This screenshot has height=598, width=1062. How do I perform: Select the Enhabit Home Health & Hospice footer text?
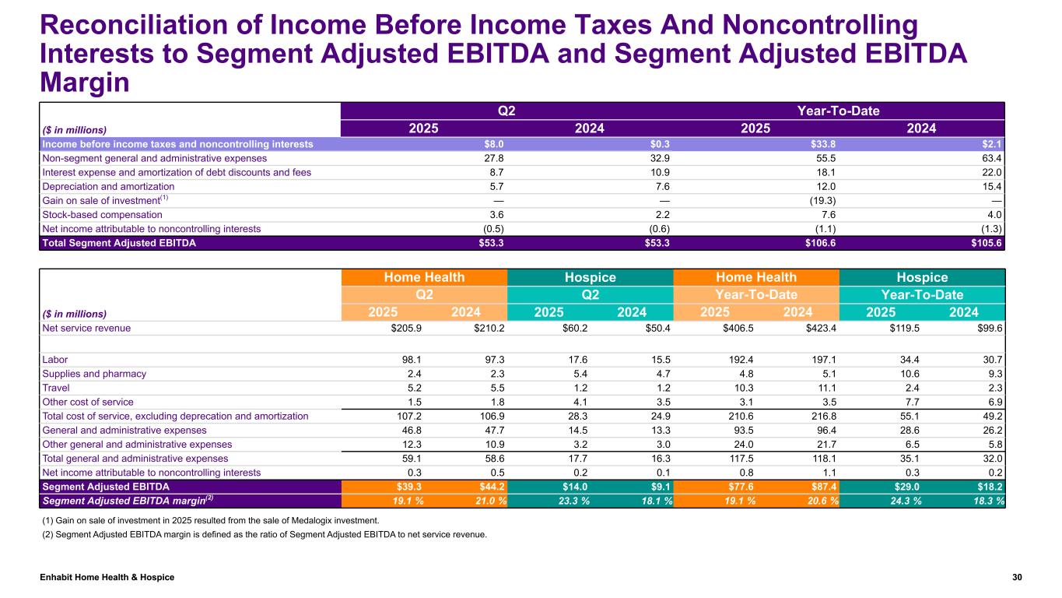click(108, 577)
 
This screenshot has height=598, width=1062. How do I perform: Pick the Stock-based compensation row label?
click(103, 215)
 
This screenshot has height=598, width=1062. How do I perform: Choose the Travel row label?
click(55, 388)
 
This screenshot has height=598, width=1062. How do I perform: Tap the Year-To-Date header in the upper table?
click(839, 111)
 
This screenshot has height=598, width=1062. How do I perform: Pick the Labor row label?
click(54, 359)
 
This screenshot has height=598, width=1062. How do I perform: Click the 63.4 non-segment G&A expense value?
click(990, 157)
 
